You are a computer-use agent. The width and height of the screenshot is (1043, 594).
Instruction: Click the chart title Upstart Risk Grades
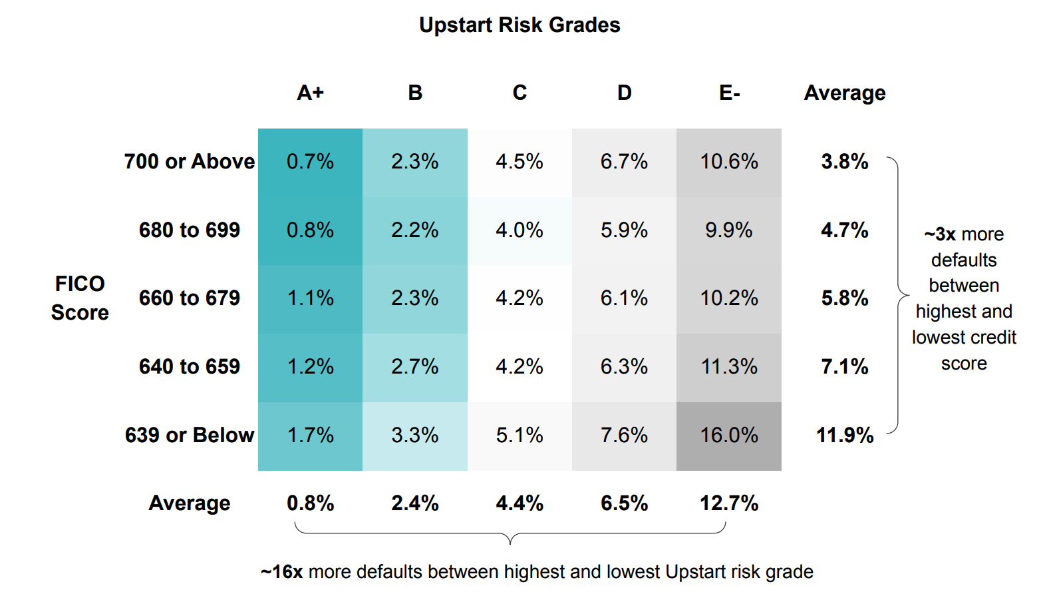(519, 25)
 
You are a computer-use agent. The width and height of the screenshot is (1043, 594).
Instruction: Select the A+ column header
(310, 93)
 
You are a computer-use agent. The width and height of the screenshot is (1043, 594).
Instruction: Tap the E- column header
(729, 93)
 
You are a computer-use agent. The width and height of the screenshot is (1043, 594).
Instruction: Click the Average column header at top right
(844, 93)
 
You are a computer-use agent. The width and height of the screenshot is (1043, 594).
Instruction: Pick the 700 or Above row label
(190, 162)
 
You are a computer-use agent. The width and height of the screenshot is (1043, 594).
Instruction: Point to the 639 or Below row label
(190, 436)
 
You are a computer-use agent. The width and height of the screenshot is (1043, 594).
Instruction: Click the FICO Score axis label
(80, 298)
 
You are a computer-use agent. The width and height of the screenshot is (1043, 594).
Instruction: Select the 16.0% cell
(729, 436)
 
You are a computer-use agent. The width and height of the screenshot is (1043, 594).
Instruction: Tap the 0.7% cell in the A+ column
(310, 162)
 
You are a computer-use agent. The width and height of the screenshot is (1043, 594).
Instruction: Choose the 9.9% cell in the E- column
(729, 230)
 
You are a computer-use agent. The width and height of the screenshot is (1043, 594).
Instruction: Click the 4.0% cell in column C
(520, 230)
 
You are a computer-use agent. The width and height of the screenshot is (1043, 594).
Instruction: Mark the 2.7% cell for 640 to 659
(415, 367)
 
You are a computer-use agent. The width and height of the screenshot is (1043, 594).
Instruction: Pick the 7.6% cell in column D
(624, 436)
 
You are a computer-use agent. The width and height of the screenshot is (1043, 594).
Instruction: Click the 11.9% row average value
(845, 436)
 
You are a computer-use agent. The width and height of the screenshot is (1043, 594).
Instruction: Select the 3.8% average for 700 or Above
(845, 162)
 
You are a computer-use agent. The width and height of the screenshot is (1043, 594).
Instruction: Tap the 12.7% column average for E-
(729, 503)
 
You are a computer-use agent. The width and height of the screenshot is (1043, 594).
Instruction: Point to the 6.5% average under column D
(624, 503)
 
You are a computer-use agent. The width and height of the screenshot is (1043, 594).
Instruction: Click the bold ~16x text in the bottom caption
(282, 572)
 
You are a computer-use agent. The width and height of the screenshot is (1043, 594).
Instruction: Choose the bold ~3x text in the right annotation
(940, 234)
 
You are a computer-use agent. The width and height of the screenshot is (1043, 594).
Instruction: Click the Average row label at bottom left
(190, 503)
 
